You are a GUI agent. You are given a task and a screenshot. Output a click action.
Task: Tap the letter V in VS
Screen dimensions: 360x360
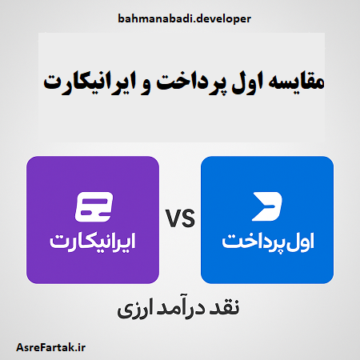(x=174, y=218)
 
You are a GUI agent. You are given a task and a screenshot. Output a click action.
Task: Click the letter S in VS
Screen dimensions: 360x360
(x=189, y=218)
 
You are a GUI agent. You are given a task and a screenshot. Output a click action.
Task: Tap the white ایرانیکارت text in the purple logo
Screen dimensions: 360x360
(x=93, y=239)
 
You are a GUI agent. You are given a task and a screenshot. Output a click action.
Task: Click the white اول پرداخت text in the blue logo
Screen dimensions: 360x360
(x=266, y=239)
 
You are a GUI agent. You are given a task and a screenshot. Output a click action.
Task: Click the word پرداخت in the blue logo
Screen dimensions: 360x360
(x=252, y=239)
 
